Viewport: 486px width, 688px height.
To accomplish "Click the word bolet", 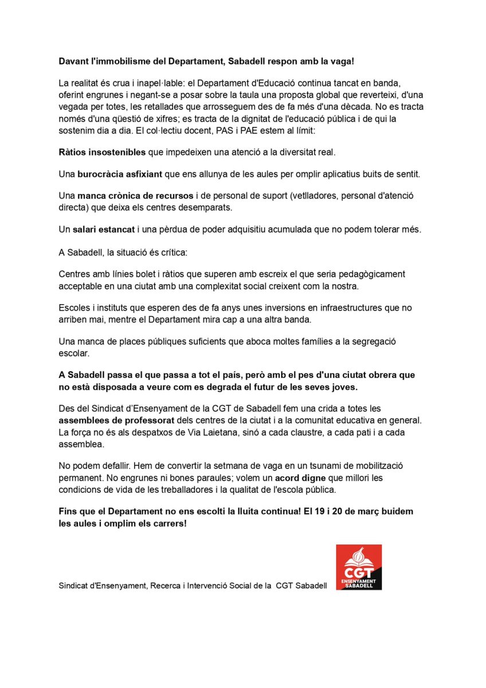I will click(x=140, y=274).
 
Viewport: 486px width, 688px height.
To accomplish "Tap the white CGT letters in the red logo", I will click(x=359, y=573).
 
